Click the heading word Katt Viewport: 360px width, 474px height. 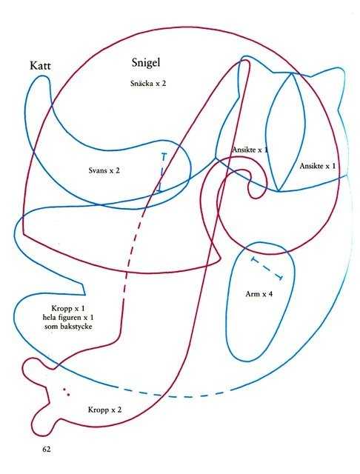pos(40,66)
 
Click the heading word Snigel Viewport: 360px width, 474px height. pos(146,62)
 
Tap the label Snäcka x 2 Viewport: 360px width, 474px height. pos(148,83)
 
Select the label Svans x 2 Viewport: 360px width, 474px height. pos(104,170)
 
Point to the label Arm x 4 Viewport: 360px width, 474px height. pos(259,294)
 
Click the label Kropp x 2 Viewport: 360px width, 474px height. pos(105,410)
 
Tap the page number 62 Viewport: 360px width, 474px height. pos(47,449)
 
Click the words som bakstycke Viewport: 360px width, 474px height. pos(68,327)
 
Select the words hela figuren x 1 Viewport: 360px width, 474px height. pos(68,318)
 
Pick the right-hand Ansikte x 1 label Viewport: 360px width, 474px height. pos(317,166)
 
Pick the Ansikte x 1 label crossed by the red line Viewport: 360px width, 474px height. pos(250,150)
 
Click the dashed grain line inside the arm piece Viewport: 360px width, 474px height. pos(267,268)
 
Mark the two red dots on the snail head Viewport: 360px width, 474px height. pos(66,392)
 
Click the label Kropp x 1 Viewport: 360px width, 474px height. pos(68,309)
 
